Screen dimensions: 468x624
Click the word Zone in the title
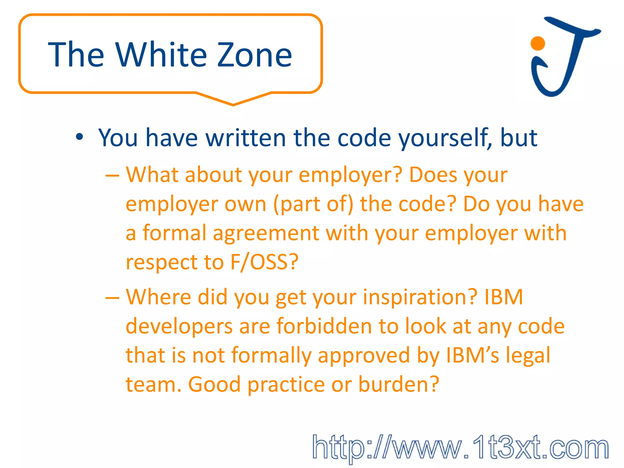pyautogui.click(x=254, y=55)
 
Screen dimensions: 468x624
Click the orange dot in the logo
pyautogui.click(x=537, y=43)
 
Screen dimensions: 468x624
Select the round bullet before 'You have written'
pyautogui.click(x=80, y=137)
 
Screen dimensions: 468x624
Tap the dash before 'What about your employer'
pyautogui.click(x=112, y=176)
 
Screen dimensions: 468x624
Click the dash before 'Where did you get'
pyautogui.click(x=112, y=298)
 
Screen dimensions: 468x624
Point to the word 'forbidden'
pyautogui.click(x=324, y=326)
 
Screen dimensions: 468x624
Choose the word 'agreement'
pyautogui.click(x=266, y=233)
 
